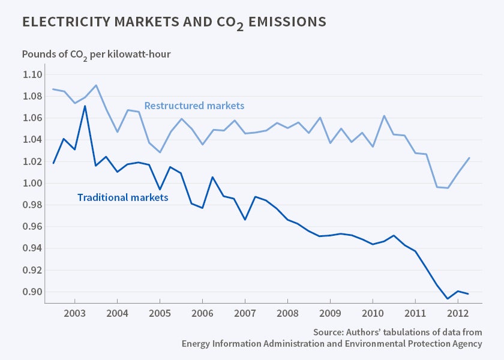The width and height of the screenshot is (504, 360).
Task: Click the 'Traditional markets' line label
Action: tap(122, 197)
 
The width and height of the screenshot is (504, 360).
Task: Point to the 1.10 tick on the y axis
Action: tap(33, 74)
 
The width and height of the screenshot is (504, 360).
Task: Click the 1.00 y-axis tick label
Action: tap(33, 183)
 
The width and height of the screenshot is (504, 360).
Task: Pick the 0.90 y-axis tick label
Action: tap(33, 292)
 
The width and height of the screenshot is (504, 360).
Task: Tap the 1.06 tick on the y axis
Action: tap(33, 118)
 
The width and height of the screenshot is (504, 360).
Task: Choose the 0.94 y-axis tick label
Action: tap(33, 248)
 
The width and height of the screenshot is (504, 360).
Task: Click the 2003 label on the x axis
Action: tap(74, 314)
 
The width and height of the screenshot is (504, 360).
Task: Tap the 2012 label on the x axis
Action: tap(458, 314)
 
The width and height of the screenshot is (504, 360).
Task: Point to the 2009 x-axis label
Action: tap(330, 314)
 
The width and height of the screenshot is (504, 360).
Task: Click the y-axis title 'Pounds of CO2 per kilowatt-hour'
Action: tap(96, 54)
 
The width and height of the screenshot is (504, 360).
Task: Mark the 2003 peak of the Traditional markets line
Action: tap(85, 106)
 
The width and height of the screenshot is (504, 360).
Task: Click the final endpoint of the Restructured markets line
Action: tap(469, 158)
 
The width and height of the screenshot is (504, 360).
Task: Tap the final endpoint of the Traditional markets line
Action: tap(469, 293)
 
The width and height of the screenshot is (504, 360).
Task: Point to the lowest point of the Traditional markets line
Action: tap(447, 298)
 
